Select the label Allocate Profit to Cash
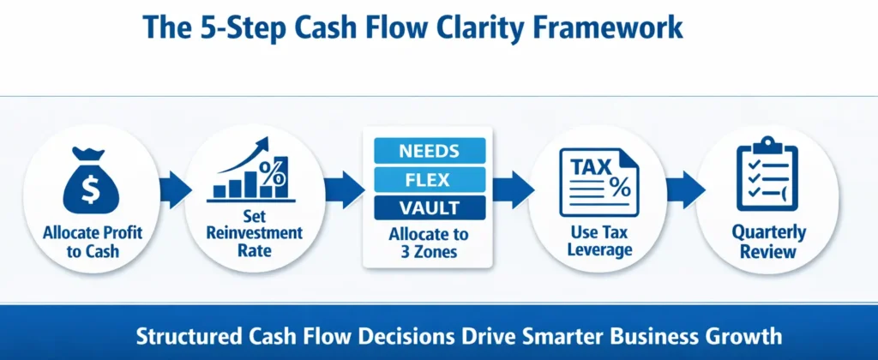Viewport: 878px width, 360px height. coord(91,243)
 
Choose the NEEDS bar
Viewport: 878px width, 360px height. coord(429,152)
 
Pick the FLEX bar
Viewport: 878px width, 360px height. coord(429,180)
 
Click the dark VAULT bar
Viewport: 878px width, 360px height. coord(429,208)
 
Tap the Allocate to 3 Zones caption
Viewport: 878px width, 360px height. coord(429,243)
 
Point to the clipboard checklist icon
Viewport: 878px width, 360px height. coord(767,176)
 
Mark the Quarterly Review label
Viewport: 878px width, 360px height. coord(767,242)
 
